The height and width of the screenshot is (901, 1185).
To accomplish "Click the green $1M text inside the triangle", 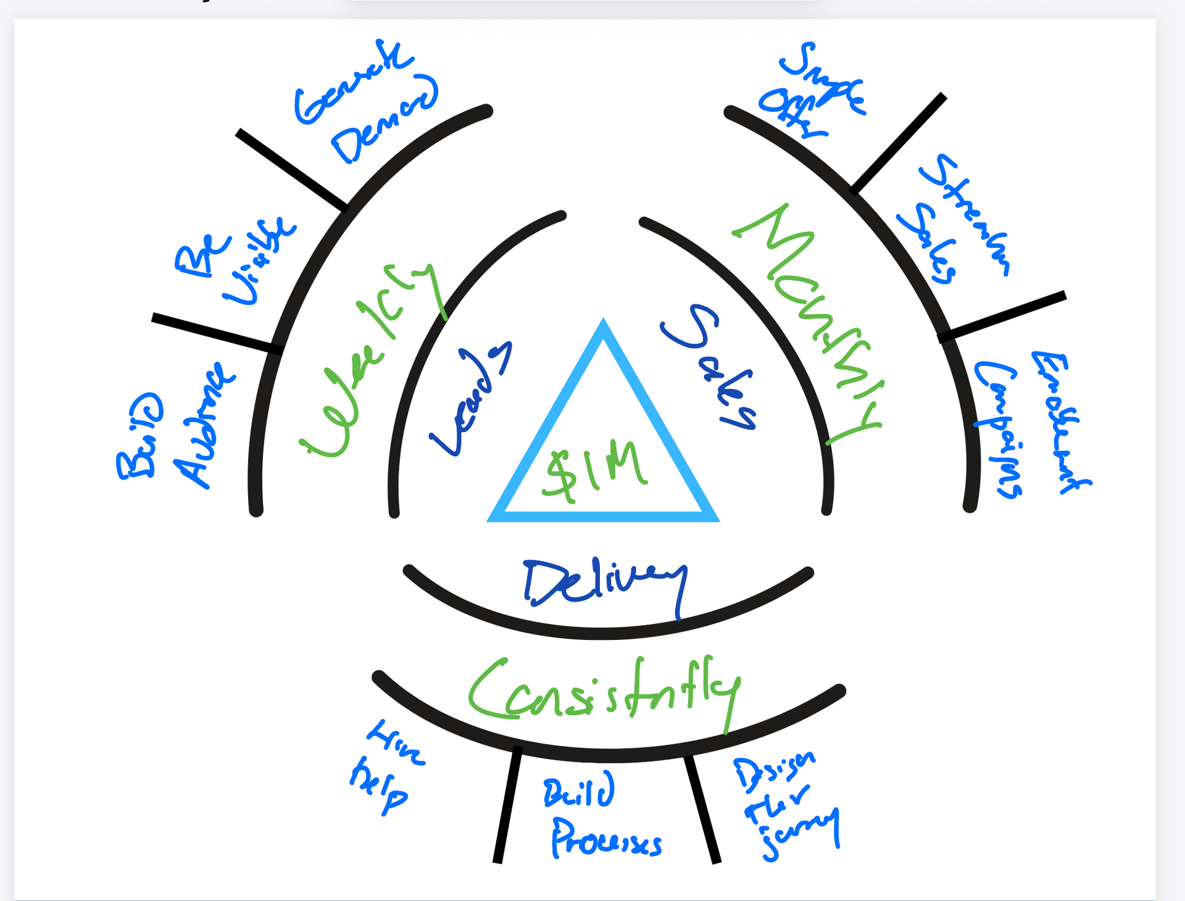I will click(596, 472).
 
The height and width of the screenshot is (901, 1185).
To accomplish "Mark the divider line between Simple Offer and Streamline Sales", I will click(898, 142).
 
